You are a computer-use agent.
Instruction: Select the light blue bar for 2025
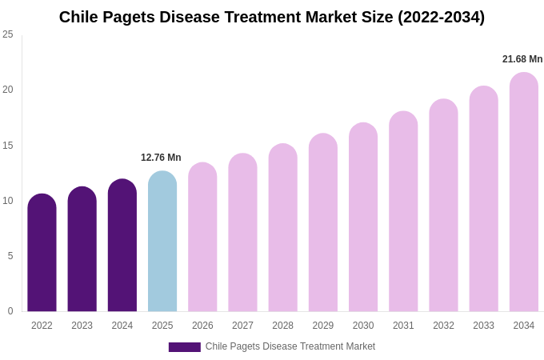point(162,242)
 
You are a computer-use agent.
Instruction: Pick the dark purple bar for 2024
point(122,246)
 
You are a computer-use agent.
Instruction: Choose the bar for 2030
point(363,218)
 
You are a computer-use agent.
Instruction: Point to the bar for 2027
point(242,233)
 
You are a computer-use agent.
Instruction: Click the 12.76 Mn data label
point(161,158)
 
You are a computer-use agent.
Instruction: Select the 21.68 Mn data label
point(522,59)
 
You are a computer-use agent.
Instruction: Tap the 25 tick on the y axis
point(8,34)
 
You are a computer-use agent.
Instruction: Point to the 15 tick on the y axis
point(8,146)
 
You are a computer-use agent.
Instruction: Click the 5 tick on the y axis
point(10,256)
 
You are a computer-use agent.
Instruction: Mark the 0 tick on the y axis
point(10,311)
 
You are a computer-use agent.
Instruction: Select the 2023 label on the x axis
point(82,326)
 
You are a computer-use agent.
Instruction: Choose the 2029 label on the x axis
point(323,326)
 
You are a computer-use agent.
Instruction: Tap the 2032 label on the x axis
point(443,326)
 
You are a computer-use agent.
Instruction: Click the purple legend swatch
point(184,347)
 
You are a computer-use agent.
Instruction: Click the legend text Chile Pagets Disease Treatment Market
point(290,346)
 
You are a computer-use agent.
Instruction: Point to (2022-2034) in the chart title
point(442,17)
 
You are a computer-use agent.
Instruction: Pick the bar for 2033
point(483,199)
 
